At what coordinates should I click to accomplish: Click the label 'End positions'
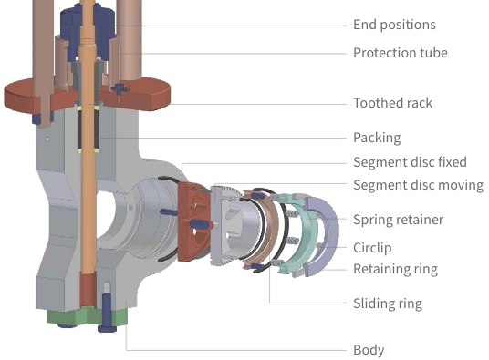[394, 25]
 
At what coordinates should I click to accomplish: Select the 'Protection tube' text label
[401, 53]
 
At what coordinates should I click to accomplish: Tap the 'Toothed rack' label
[392, 103]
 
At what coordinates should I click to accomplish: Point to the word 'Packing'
[377, 138]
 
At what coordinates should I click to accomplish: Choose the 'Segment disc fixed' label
[410, 162]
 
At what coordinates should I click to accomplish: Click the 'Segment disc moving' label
[419, 185]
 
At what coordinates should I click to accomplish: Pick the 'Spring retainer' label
[399, 220]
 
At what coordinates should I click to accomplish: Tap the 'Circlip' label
[372, 248]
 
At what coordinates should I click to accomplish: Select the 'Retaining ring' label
[395, 269]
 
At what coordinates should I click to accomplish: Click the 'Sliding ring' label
[388, 303]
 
